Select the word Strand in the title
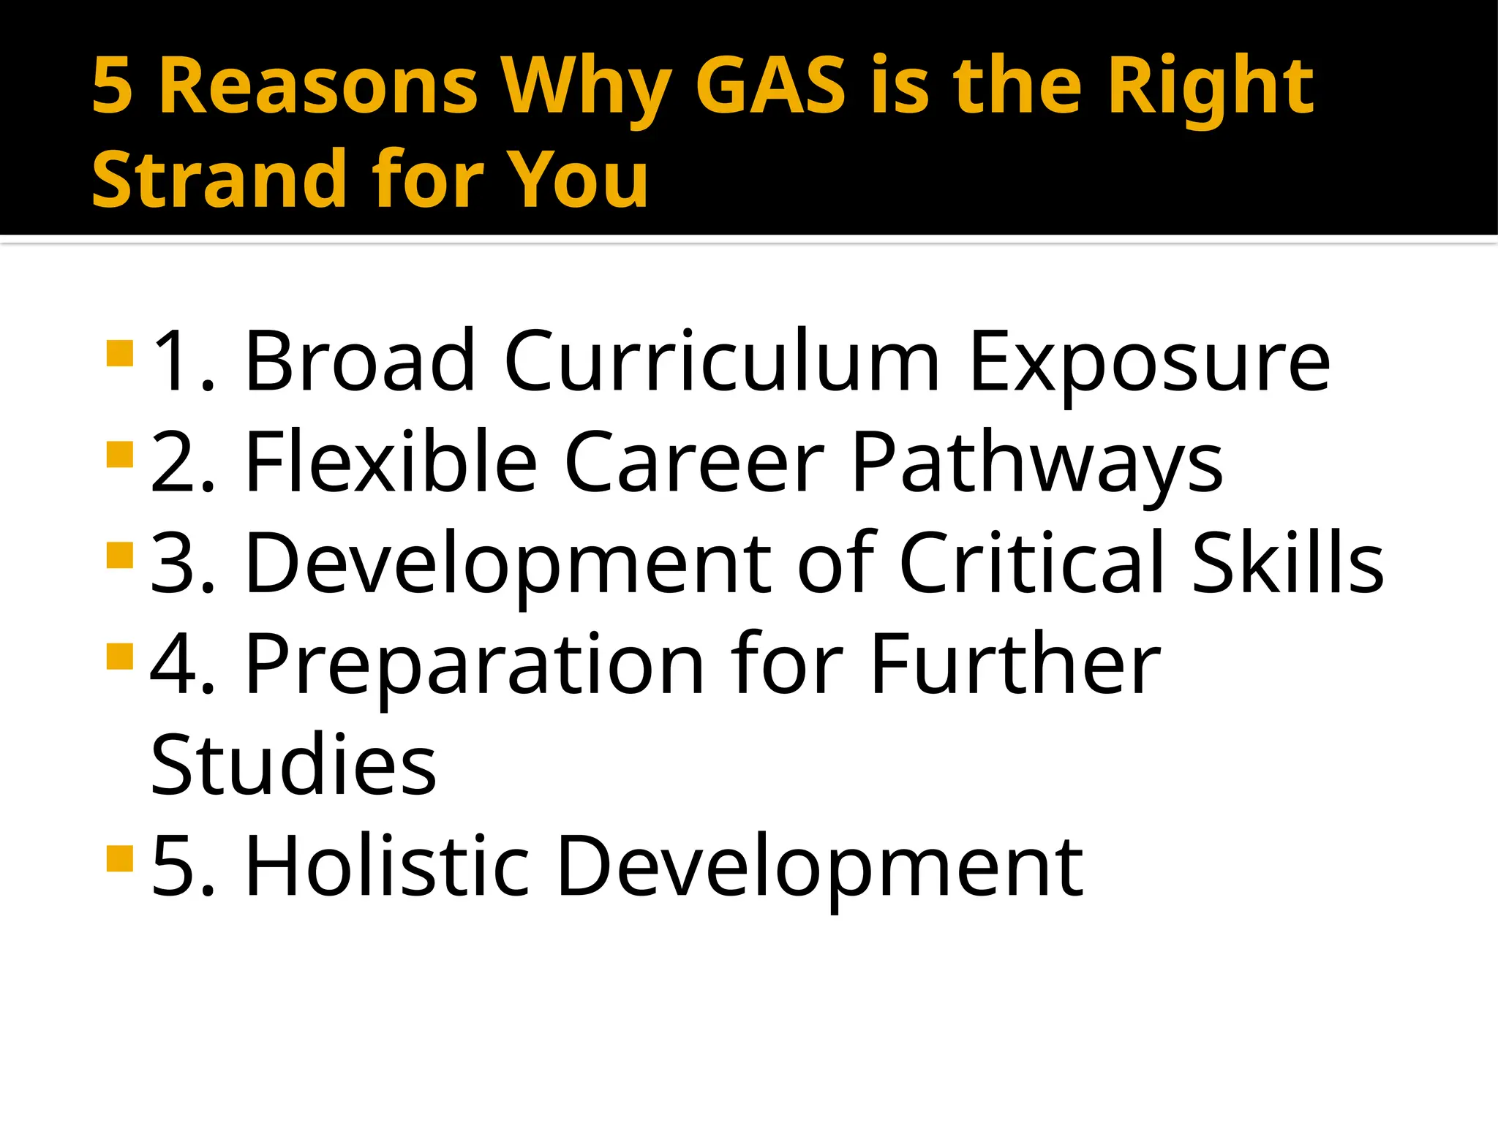click(219, 179)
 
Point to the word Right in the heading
click(1211, 88)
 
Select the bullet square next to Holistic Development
click(120, 858)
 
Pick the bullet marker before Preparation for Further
click(120, 656)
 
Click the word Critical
click(1031, 562)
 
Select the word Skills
click(1288, 562)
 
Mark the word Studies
click(293, 765)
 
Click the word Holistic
click(387, 866)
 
